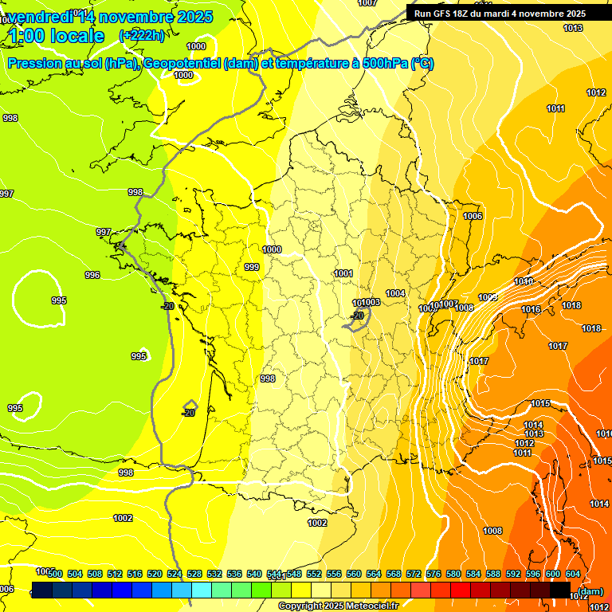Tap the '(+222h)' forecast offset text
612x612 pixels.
142,35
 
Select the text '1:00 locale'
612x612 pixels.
57,36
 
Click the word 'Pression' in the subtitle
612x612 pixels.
39,64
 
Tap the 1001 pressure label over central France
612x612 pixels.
343,273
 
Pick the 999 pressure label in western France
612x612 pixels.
252,267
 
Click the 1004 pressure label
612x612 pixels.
395,294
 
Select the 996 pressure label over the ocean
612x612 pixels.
92,275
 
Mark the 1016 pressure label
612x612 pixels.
531,309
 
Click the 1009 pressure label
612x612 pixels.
488,297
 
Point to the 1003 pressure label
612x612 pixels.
371,303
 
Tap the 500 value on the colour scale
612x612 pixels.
55,574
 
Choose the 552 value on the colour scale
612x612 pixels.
314,574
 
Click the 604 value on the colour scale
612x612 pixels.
573,574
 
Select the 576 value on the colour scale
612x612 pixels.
433,574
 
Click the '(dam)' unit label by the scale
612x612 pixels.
590,591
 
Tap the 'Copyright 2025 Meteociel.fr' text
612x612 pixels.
338,606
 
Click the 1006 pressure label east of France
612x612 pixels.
473,216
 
